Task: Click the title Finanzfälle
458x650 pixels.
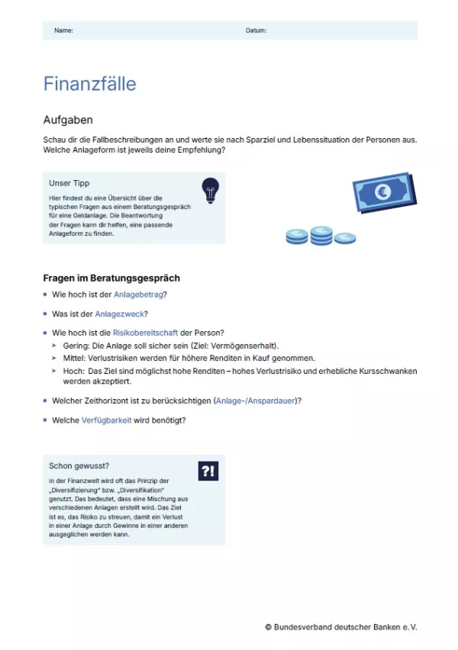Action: (89, 83)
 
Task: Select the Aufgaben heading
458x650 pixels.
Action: (68, 120)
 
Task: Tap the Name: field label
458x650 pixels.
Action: (63, 31)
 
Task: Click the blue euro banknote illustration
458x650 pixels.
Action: (384, 193)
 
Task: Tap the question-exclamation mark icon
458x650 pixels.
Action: (208, 471)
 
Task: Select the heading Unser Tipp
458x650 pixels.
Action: (69, 183)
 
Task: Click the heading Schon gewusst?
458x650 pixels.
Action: (79, 465)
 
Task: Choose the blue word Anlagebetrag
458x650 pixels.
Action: (138, 294)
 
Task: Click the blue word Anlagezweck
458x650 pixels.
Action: (120, 314)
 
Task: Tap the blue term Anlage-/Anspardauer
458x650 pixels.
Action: (256, 401)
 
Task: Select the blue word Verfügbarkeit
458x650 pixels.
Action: (106, 420)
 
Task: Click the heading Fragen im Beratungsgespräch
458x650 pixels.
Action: (111, 278)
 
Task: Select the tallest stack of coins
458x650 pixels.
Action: (321, 236)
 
